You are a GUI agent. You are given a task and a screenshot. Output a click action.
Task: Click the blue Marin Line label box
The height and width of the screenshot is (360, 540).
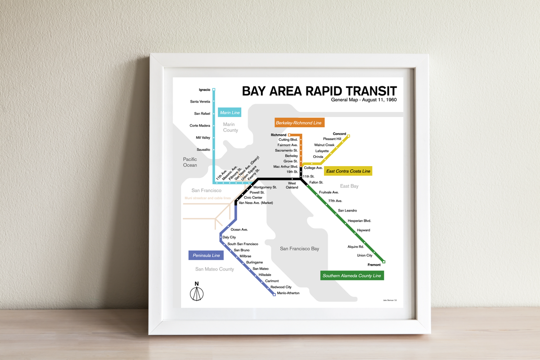coord(230,112)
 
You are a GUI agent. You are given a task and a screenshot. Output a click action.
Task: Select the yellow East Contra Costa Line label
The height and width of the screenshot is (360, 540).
coord(348,171)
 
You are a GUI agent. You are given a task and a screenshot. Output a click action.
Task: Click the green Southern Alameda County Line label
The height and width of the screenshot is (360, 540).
coord(352,275)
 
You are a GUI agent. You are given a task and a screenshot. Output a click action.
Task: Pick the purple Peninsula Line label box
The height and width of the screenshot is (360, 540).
coord(206,256)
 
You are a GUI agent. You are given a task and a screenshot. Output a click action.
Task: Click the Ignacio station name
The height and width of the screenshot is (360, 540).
coord(204,90)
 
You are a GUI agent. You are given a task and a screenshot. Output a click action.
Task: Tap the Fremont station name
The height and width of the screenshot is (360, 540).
coord(374,265)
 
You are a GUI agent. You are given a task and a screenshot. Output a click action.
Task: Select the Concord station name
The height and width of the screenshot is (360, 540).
coord(339,134)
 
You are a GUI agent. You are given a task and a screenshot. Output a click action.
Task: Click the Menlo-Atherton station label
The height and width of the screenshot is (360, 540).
coord(288,293)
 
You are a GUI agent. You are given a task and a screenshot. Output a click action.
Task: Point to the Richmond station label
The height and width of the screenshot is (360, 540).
coord(279,135)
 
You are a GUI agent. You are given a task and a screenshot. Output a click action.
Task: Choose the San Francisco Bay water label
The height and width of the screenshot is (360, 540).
coord(299,248)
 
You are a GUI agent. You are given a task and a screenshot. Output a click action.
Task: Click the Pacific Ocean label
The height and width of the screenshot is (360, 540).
coord(190,162)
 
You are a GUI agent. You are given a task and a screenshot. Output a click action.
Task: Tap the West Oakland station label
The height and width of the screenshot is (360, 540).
coord(292,185)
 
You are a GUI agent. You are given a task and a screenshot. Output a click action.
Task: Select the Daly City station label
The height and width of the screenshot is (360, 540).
coord(229,237)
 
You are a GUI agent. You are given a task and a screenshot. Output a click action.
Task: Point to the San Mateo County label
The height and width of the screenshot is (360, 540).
coord(215,269)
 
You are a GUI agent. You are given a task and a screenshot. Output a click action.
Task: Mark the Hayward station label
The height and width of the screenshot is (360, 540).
coord(363,230)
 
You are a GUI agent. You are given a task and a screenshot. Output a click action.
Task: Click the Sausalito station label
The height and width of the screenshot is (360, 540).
coord(203,149)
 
